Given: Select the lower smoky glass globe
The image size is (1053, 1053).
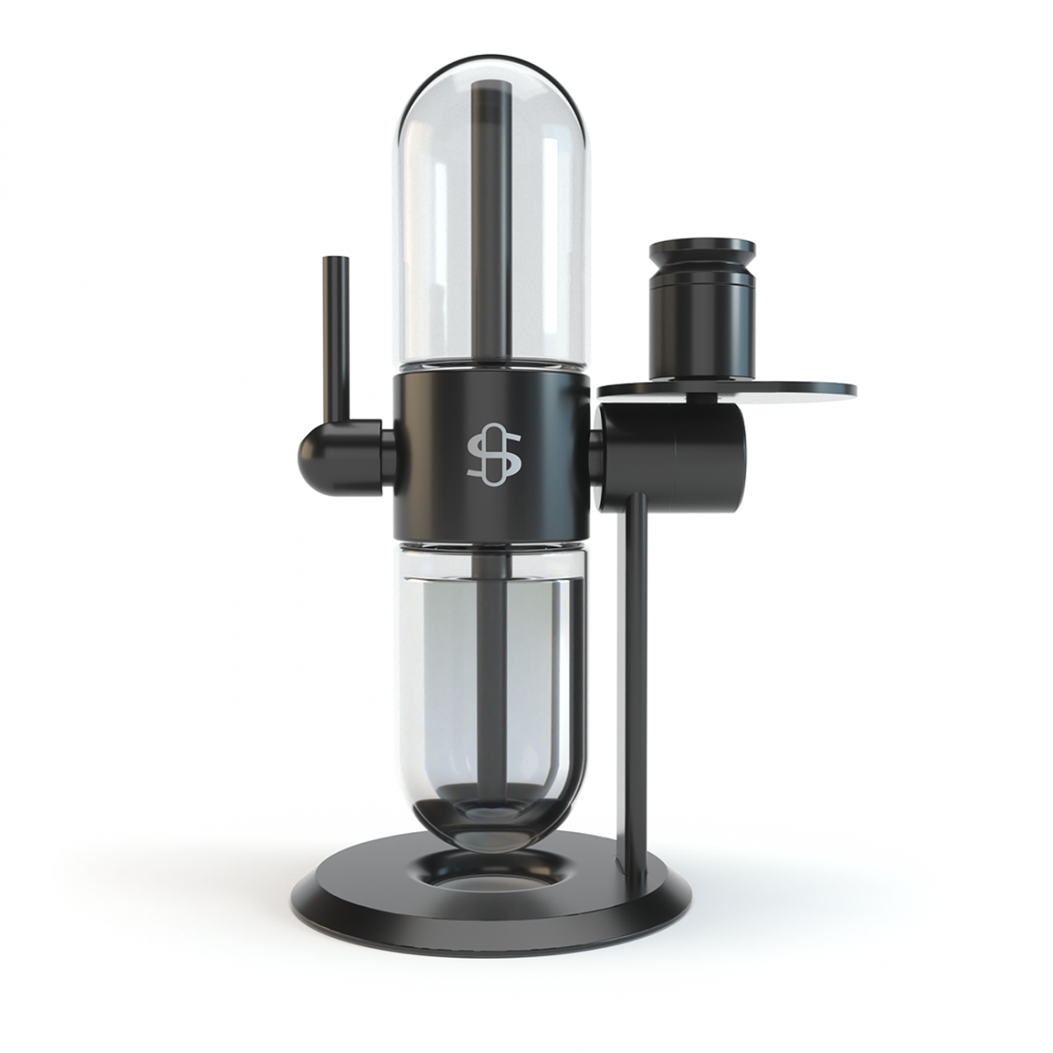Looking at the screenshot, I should (x=447, y=678).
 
